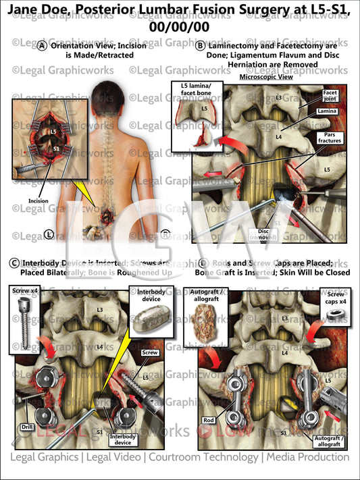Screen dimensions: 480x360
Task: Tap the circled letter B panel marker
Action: [200, 46]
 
